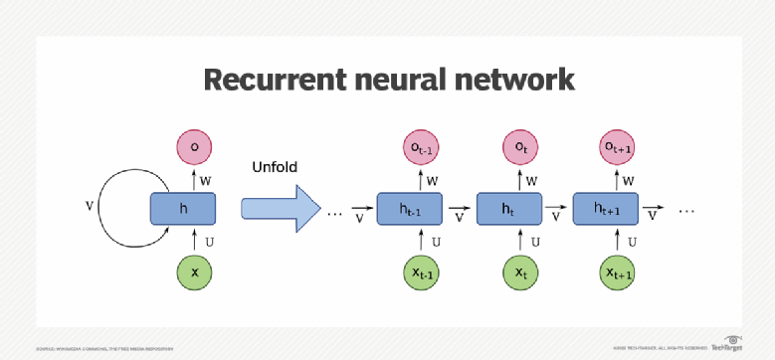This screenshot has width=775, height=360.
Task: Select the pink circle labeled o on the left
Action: (x=195, y=148)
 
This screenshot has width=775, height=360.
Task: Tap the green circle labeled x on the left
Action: (x=195, y=271)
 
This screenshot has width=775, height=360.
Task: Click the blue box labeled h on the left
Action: (x=183, y=210)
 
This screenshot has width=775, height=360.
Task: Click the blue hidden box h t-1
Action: (x=408, y=210)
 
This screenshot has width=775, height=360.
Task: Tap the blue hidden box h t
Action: (x=508, y=210)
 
